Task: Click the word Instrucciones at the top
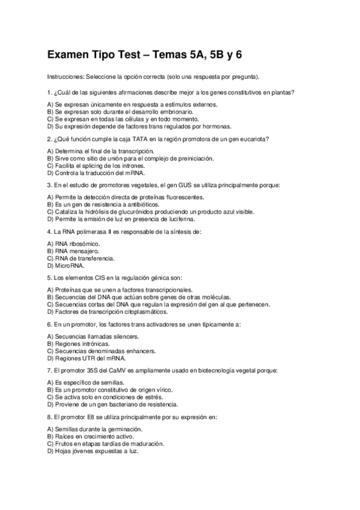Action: (x=66, y=78)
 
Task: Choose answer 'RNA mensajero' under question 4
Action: (x=76, y=250)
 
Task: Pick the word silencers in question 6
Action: (x=126, y=337)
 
